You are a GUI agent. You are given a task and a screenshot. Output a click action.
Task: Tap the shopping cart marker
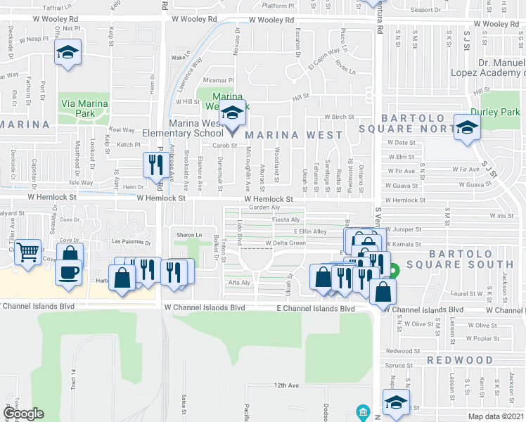[27, 250]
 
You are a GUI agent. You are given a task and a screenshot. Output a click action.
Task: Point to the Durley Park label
[500, 112]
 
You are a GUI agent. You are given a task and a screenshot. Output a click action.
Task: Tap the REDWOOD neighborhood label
[460, 360]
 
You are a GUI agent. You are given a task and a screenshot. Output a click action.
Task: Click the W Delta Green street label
[286, 243]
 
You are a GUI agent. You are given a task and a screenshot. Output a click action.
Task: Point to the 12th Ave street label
[287, 385]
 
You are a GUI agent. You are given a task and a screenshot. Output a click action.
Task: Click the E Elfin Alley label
[310, 231]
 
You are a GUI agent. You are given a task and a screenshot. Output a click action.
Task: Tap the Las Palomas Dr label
[132, 242]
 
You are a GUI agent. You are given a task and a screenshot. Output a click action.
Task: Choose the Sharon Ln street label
[189, 235]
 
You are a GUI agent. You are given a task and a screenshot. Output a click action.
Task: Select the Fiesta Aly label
[286, 219]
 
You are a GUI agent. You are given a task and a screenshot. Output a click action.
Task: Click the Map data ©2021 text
[496, 416]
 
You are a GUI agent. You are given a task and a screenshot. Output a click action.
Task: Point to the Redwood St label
[403, 351]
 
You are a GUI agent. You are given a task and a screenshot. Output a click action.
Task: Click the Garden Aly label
[265, 207]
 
